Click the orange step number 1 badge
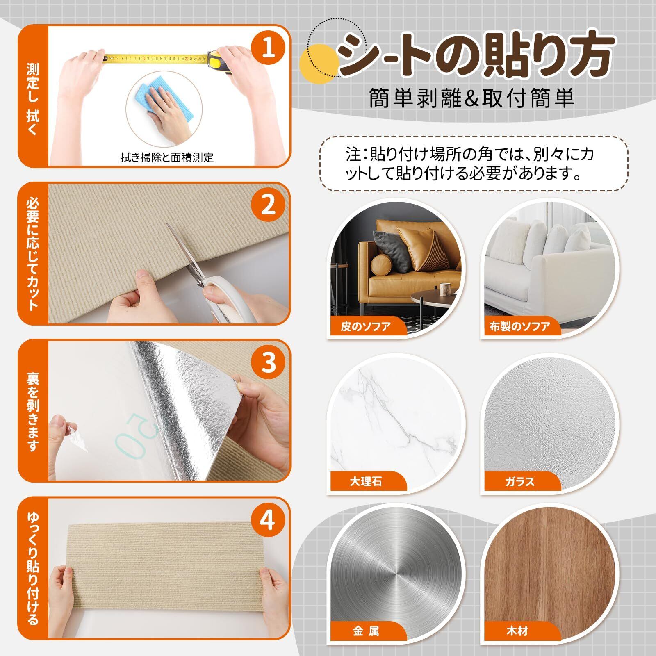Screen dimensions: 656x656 click(269, 48)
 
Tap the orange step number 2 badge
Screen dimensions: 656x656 click(269, 205)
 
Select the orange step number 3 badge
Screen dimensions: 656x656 click(269, 362)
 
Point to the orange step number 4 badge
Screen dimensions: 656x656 click(269, 520)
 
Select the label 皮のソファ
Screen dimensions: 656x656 click(366, 327)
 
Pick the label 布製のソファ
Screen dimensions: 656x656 click(520, 327)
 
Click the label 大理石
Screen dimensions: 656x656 click(366, 481)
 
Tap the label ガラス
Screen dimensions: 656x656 click(520, 481)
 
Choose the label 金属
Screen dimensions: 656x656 click(366, 631)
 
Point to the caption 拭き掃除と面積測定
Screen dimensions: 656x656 click(167, 157)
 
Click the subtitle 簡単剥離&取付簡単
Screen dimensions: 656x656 click(472, 98)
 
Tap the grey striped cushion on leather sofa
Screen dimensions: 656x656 click(392, 250)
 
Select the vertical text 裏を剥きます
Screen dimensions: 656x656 click(33, 412)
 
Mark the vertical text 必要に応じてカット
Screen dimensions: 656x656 click(33, 254)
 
